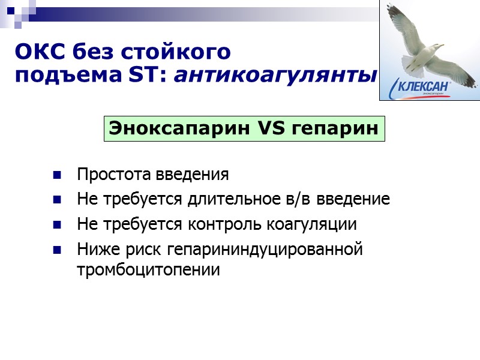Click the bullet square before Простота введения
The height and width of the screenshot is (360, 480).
tap(57, 176)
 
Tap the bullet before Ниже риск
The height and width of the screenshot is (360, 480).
tap(57, 250)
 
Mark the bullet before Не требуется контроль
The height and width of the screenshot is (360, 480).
tap(57, 225)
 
